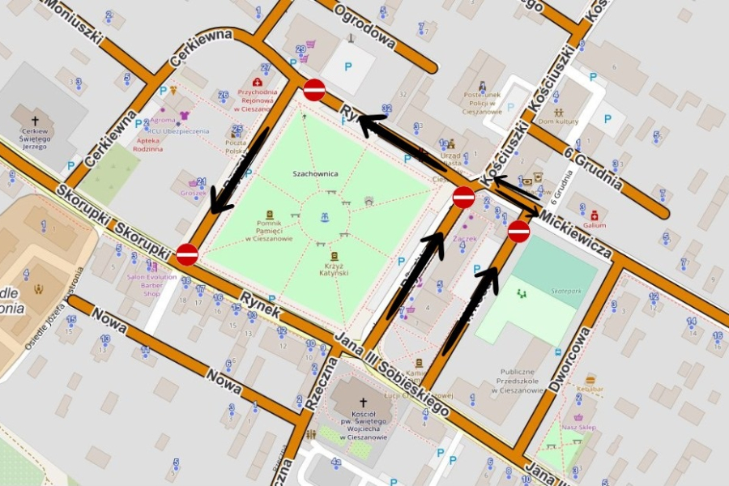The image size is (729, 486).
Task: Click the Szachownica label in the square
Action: [314, 173]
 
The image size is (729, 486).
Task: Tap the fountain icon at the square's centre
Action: [324, 218]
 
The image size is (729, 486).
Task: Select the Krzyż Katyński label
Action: [334, 269]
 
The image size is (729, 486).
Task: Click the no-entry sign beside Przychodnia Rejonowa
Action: [314, 90]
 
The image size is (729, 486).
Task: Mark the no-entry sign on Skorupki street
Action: [187, 254]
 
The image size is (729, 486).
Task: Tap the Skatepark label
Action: [566, 289]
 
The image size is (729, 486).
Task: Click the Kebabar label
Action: [590, 389]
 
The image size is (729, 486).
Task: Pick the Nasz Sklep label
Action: [578, 427]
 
